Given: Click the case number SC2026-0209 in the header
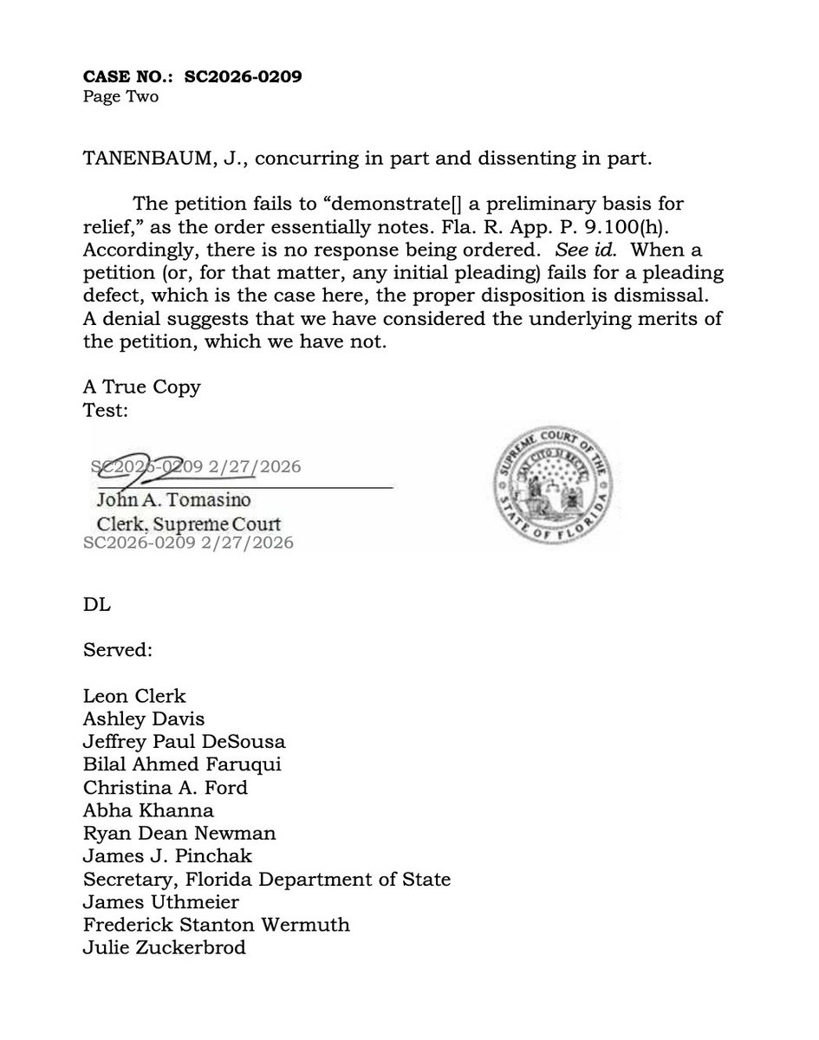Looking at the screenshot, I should click(x=244, y=76).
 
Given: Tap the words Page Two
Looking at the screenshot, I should click(x=120, y=96).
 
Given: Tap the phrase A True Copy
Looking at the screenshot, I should click(x=142, y=387).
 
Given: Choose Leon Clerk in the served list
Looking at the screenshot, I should click(x=134, y=696).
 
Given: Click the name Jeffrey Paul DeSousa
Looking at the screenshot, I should click(x=184, y=742).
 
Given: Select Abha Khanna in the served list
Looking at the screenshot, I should click(x=148, y=811).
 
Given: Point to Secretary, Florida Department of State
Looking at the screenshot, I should click(x=267, y=880).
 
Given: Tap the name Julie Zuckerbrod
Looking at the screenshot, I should click(x=165, y=948).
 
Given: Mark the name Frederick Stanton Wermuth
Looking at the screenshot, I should click(x=217, y=925).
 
